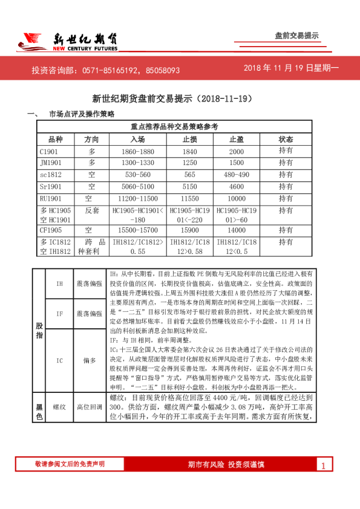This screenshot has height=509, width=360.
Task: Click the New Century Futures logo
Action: [x=67, y=42]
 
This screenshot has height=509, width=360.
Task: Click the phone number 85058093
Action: [x=163, y=71]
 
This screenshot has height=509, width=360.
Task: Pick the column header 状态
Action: [x=286, y=139]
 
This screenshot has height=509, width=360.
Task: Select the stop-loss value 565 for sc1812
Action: [x=190, y=174]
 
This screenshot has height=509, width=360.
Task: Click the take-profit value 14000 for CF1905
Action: [x=237, y=230]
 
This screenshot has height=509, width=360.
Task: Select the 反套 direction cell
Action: [x=92, y=210]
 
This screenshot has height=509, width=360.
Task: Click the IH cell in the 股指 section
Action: [x=59, y=284]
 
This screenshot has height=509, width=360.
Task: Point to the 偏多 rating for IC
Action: [x=90, y=360]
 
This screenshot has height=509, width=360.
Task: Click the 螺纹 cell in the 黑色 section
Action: [x=59, y=407]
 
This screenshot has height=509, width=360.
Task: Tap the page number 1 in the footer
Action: [x=324, y=465]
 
